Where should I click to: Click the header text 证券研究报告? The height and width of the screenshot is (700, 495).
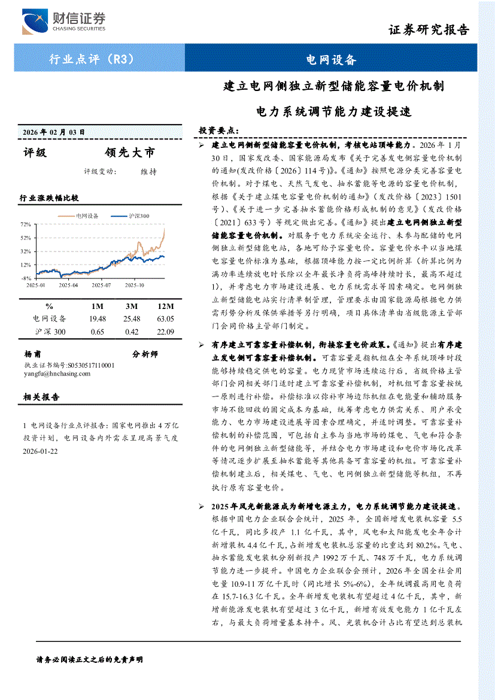tap(429, 29)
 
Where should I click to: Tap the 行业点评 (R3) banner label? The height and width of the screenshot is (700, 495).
tap(91, 59)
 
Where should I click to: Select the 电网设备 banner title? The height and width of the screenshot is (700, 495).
tap(330, 59)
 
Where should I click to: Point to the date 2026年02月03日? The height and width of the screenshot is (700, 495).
tap(54, 132)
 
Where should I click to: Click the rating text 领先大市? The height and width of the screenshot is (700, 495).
tap(129, 152)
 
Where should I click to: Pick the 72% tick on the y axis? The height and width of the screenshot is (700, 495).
tap(26, 224)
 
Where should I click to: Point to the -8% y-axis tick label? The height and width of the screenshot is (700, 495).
tap(26, 278)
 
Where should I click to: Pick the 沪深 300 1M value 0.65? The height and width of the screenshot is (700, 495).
tap(97, 332)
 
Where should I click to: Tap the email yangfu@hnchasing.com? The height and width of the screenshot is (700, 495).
tap(57, 373)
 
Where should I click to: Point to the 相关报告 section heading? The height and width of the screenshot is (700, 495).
tap(41, 397)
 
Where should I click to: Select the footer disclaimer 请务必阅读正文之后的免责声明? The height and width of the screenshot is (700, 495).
tap(90, 659)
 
